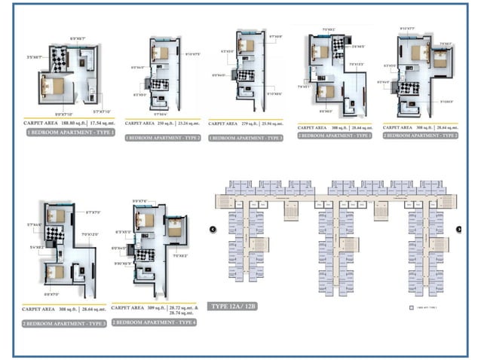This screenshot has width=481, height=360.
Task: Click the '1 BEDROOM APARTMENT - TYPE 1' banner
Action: tap(69, 132)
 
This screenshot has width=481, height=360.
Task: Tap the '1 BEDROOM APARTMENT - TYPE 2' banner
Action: tap(163, 138)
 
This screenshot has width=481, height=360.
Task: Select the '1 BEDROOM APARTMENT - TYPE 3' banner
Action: tap(247, 138)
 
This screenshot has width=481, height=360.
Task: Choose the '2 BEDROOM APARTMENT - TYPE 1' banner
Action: tap(335, 136)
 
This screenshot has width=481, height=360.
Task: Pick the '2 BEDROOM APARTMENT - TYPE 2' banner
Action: tap(421, 136)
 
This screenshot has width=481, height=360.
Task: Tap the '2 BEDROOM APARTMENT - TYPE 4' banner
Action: tap(154, 322)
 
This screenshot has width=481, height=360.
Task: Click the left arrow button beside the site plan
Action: tap(213, 229)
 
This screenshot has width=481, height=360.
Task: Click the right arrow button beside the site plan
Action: tap(459, 229)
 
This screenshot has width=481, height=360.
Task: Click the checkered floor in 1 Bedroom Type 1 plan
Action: tap(59, 59)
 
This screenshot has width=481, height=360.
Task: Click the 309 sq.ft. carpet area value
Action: tap(157, 307)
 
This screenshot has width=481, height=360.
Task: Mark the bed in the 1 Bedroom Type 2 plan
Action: tap(160, 53)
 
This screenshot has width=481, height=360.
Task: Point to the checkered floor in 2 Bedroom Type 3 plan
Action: tap(56, 235)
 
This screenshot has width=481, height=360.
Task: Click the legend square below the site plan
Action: tap(410, 308)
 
